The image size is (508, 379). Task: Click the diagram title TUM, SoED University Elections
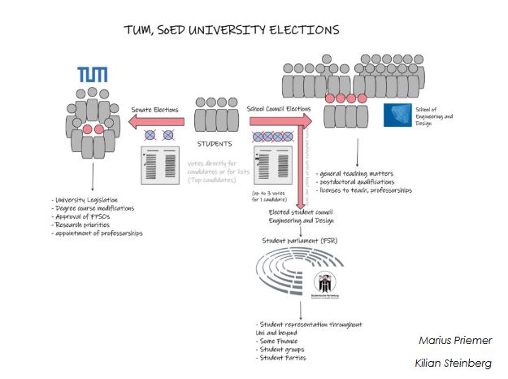[231, 30]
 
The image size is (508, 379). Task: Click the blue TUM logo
[92, 75]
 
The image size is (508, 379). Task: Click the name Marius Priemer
[455, 340]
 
